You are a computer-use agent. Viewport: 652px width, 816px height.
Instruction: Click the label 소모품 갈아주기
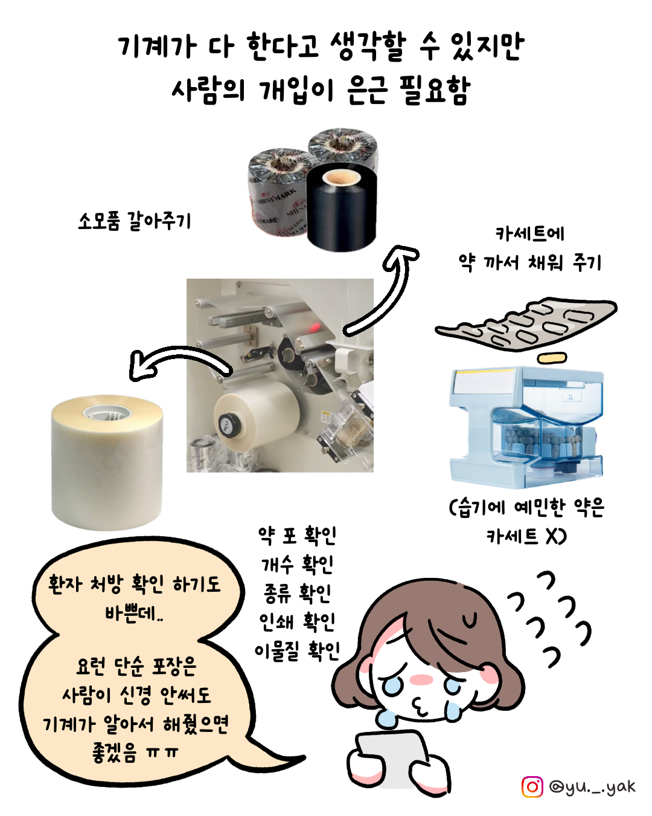[x=135, y=221]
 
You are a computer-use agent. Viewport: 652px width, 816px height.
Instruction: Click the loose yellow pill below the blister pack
[x=553, y=358]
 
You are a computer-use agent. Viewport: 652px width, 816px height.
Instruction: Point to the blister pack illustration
[x=526, y=324]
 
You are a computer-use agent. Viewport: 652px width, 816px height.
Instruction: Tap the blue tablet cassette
[x=526, y=428]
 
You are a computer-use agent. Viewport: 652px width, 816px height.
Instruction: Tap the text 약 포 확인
[x=297, y=536]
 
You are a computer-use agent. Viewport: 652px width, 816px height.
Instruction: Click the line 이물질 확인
[x=297, y=651]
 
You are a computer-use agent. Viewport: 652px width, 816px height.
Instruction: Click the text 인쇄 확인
[x=297, y=622]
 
